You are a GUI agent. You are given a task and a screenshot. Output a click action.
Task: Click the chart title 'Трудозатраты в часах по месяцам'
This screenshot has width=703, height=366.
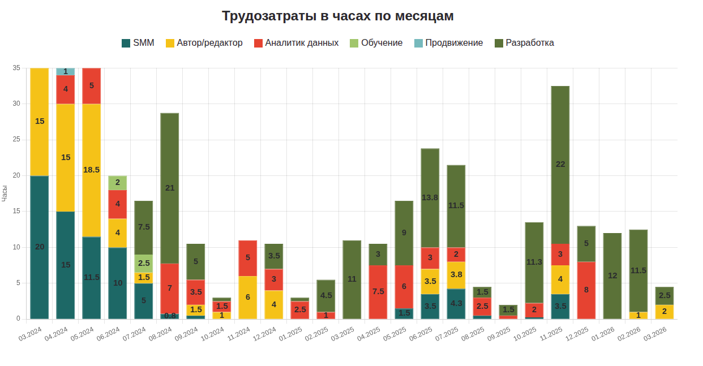point(337,16)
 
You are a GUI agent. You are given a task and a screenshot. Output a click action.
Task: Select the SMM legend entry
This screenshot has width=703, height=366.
point(138,43)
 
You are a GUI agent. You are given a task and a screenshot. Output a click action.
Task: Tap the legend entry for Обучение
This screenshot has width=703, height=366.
point(376,43)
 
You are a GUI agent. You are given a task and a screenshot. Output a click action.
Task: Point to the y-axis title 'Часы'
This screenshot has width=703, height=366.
point(5,193)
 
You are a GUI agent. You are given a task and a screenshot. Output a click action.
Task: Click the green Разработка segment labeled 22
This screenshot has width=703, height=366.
point(560,165)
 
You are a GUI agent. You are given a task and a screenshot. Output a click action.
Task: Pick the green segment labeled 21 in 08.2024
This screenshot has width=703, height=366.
point(170,188)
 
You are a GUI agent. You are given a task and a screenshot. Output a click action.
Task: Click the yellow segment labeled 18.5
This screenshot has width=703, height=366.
point(92,170)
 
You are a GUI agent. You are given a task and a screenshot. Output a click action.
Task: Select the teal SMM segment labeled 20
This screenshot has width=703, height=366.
point(40,247)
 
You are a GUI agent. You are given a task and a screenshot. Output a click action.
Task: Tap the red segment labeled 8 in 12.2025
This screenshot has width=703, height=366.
point(586,290)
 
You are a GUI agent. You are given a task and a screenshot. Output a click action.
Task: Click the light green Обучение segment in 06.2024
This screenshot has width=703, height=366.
point(118,183)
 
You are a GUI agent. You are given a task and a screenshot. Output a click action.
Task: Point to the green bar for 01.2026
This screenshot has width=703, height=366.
point(612,275)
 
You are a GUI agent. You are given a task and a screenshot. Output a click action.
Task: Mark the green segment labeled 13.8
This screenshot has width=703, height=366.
point(430,197)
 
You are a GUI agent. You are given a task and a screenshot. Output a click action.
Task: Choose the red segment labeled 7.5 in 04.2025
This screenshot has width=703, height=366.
point(378,291)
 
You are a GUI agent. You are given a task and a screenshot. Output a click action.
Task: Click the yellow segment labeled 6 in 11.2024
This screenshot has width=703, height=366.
point(248,297)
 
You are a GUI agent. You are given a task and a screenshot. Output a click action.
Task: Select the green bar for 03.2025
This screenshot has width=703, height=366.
point(352,279)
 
